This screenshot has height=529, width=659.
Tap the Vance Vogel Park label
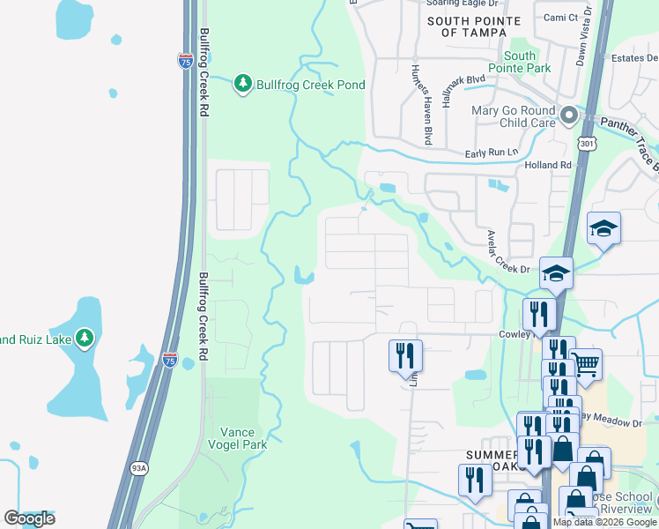[x=238, y=438]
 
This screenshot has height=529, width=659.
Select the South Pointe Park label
[x=521, y=62]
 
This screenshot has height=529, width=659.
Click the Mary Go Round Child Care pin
[x=569, y=115]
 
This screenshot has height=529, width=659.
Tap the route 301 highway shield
[x=588, y=142]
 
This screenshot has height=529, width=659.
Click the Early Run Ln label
[x=492, y=153]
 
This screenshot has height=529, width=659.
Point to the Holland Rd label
[x=547, y=165]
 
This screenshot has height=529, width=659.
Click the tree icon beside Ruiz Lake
[x=85, y=337]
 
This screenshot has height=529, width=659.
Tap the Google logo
[x=30, y=518]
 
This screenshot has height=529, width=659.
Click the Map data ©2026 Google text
[x=605, y=522]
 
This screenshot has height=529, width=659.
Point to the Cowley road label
[x=515, y=334]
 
